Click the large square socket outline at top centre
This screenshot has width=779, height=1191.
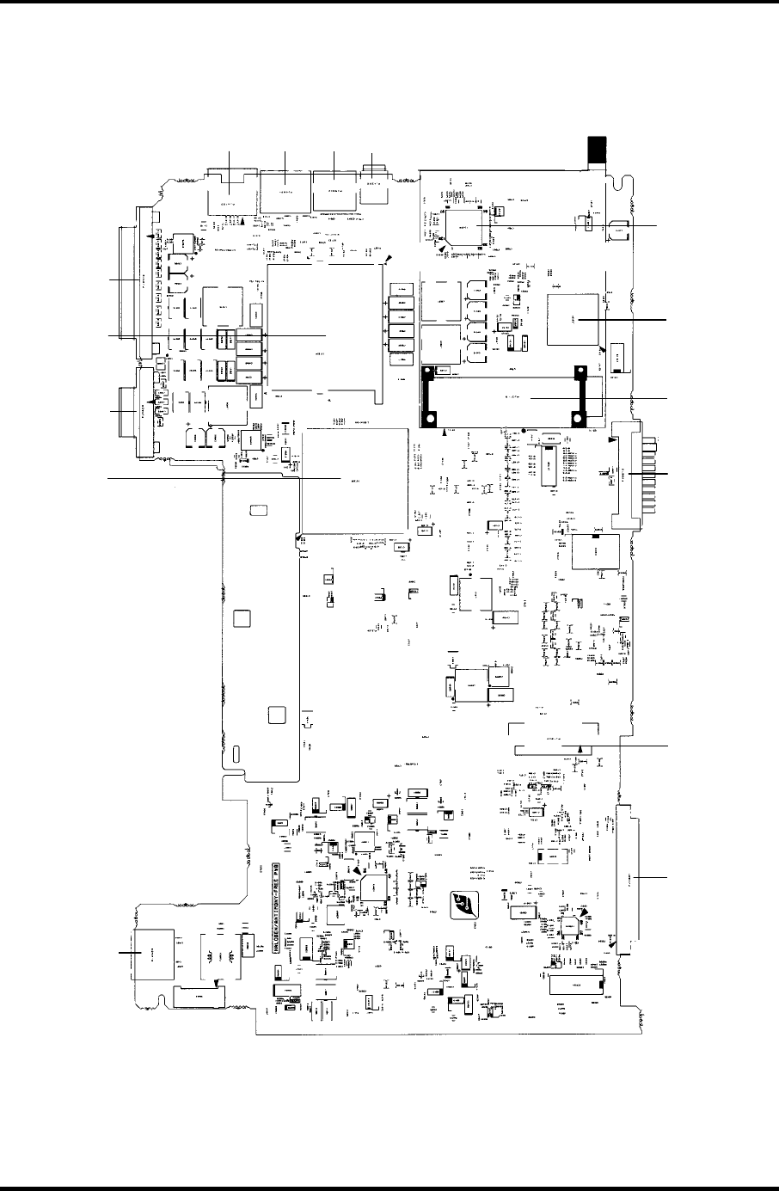click(325, 331)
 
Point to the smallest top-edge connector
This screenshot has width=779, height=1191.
click(374, 191)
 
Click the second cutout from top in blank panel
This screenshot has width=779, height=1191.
click(243, 618)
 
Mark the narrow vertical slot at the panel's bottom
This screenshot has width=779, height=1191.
click(234, 756)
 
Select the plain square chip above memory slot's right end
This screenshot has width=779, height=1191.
click(573, 319)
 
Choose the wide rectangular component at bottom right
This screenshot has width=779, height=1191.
click(578, 990)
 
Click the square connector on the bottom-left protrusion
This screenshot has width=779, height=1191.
click(151, 955)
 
